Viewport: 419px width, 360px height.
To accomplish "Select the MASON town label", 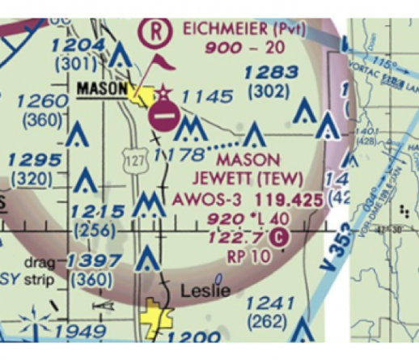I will tap(102, 87).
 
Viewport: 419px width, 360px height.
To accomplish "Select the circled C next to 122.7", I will tap(280, 236).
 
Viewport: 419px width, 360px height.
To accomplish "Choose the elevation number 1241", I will tap(270, 303).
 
